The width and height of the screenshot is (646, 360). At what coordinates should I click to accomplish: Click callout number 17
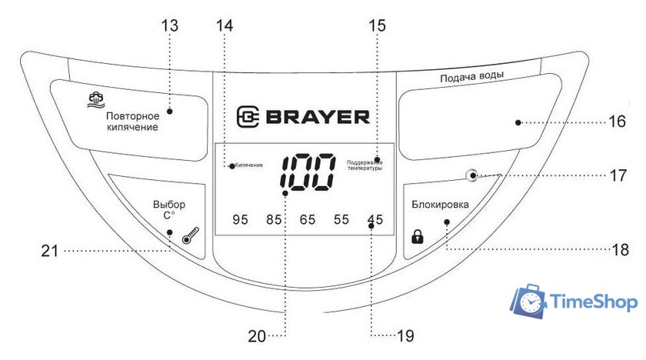point(618,175)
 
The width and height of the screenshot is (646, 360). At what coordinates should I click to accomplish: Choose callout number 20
point(258,335)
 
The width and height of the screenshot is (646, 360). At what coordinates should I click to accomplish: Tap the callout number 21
point(52,249)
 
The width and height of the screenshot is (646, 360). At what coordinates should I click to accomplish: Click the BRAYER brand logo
point(303,117)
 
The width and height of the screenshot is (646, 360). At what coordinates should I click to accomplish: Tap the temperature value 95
point(241,220)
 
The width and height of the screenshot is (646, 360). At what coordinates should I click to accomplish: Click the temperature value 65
point(308,220)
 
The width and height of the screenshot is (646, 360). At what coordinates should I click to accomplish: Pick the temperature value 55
point(341,220)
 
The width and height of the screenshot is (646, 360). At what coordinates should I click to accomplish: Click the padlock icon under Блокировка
point(418,237)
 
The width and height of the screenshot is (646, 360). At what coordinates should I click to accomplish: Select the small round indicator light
point(471,175)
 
